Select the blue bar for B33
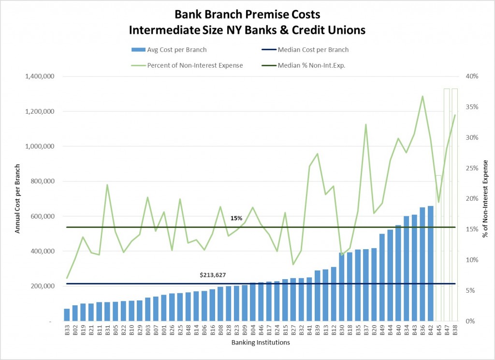click(x=67, y=315)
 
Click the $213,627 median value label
click(x=213, y=275)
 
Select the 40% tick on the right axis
click(x=472, y=76)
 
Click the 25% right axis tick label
click(x=472, y=168)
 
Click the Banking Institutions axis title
click(x=260, y=343)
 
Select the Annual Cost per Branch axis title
click(x=17, y=198)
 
